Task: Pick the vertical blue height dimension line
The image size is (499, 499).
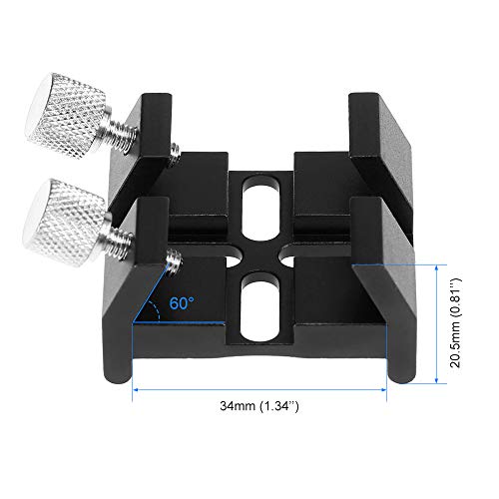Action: (437, 322)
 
